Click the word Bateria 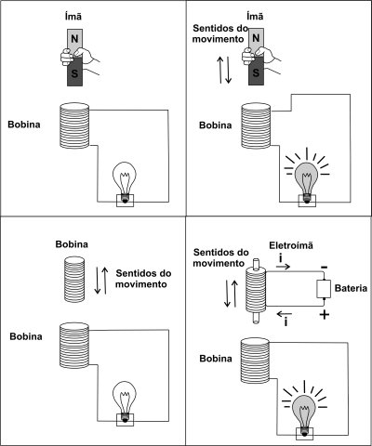tap(351, 288)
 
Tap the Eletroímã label tap(291, 245)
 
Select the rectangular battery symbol tap(324, 289)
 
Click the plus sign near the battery tap(325, 315)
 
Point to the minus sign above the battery tap(324, 267)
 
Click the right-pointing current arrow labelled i tap(283, 267)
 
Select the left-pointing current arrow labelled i tap(284, 314)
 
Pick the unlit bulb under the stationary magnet tap(125, 182)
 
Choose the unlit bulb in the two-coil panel tap(125, 401)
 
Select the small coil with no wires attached tap(74, 279)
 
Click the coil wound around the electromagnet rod tap(256, 290)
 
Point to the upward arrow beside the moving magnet tap(219, 70)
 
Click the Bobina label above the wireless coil tap(72, 244)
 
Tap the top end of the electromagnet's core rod tap(256, 260)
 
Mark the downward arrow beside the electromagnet tap(227, 294)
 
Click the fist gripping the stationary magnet tap(67, 57)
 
